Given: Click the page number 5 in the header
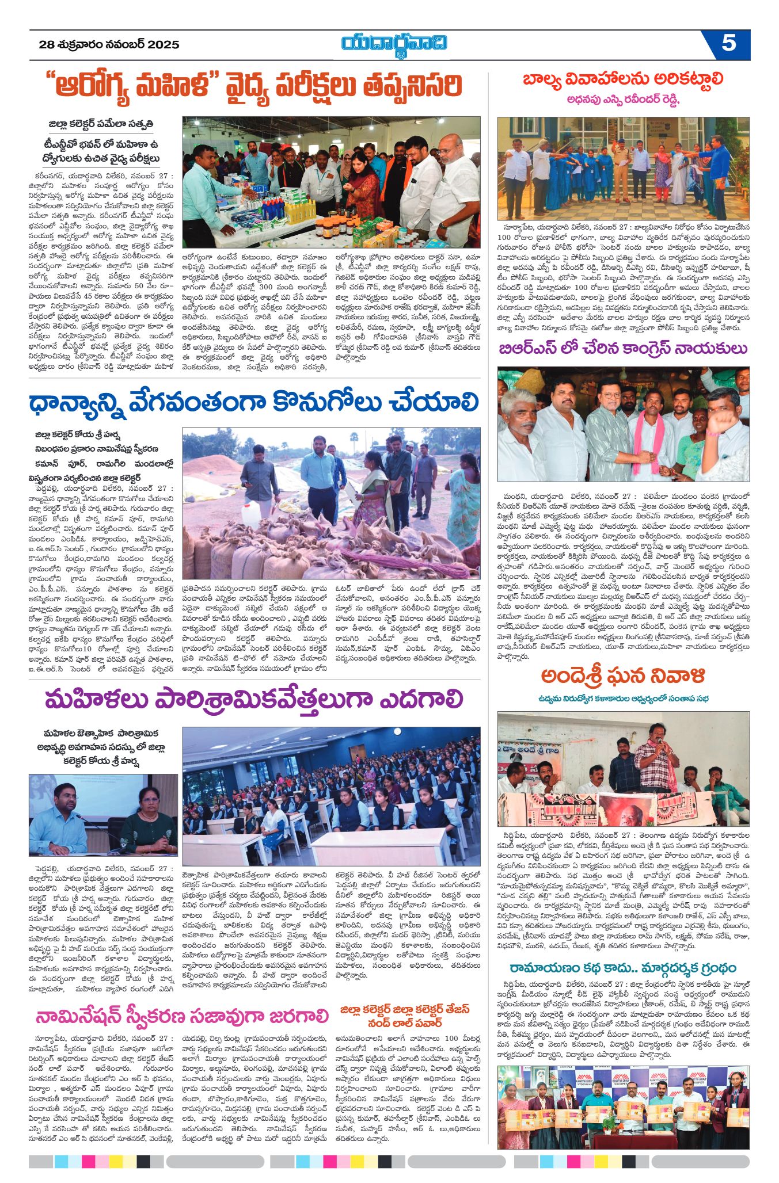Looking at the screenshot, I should coord(728,44).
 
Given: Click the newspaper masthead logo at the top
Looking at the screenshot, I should coord(394,44).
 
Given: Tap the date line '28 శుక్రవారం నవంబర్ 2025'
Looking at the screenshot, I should coord(109,45).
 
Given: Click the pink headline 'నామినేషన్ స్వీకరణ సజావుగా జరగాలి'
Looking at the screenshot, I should coord(182,1016).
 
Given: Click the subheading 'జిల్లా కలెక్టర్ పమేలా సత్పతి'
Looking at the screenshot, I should coord(101,124).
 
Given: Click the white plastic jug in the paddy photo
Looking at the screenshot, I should coord(252,513).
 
